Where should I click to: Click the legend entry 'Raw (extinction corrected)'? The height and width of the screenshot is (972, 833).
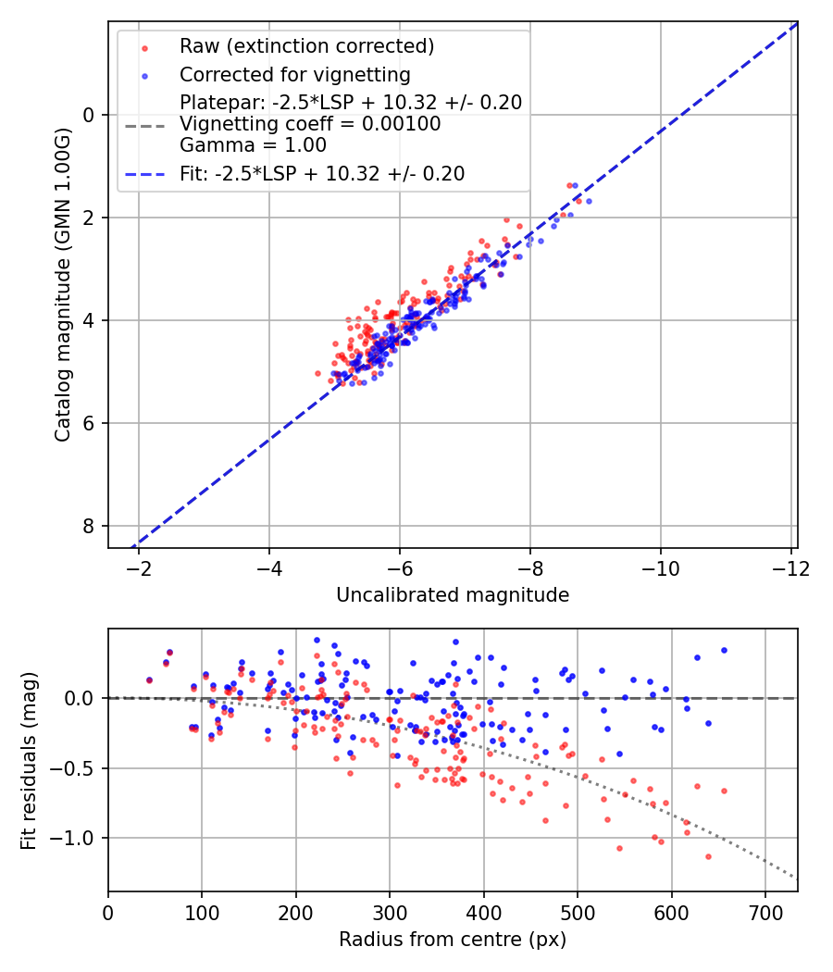[306, 46]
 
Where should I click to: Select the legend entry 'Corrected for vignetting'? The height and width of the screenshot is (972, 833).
[294, 74]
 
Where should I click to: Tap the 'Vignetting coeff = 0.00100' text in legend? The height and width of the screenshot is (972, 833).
[310, 124]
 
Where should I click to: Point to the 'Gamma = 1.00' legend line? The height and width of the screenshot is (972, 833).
[253, 145]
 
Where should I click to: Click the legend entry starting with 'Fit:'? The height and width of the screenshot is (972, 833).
[321, 174]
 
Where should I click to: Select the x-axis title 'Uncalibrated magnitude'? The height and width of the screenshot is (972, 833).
[453, 594]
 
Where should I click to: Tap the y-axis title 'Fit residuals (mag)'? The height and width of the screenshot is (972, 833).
[29, 761]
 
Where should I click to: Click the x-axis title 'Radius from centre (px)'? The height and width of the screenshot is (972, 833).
[453, 940]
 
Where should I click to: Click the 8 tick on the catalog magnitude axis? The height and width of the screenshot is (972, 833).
[90, 526]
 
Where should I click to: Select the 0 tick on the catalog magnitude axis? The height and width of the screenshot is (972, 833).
[90, 115]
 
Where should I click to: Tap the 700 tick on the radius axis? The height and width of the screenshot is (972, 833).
[765, 912]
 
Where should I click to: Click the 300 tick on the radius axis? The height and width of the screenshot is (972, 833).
[390, 912]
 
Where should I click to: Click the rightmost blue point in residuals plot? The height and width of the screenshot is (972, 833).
[724, 650]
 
